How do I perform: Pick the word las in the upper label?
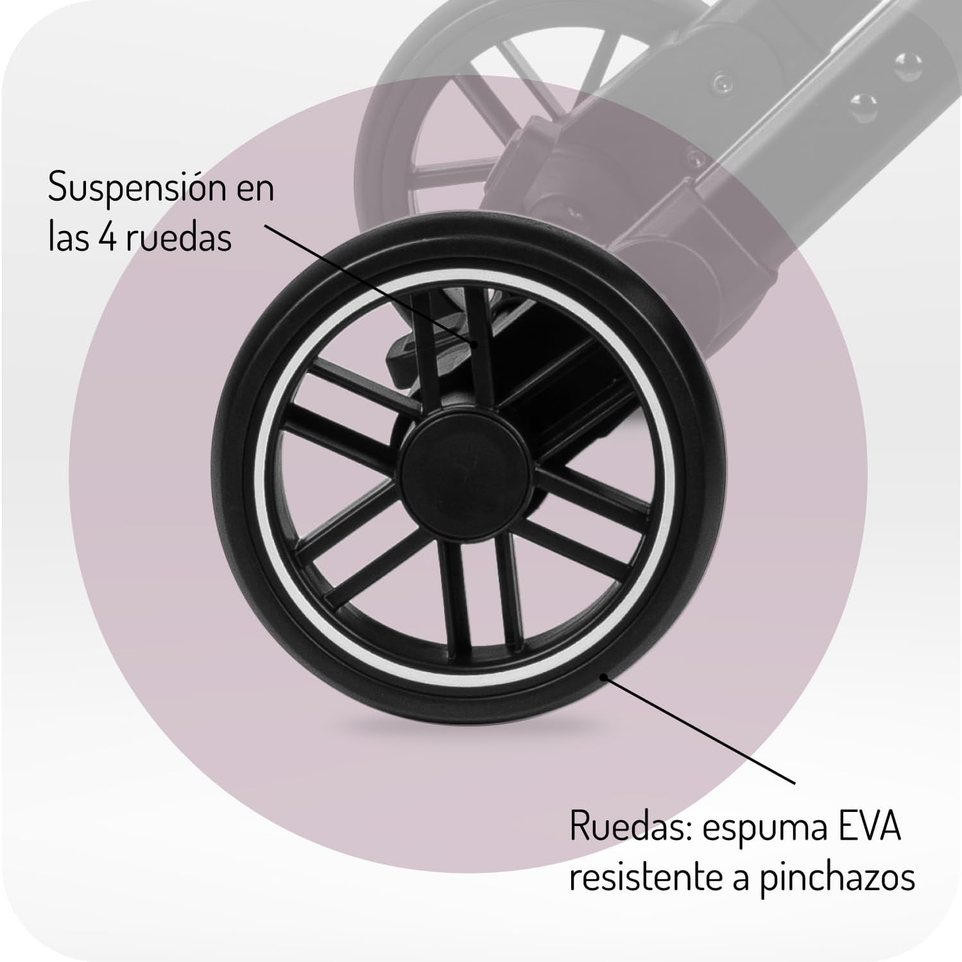coord(69,238)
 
